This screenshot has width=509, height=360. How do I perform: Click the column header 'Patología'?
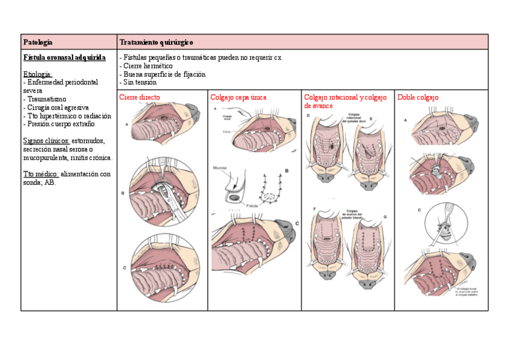(38, 42)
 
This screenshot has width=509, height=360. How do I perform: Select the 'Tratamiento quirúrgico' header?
(156, 42)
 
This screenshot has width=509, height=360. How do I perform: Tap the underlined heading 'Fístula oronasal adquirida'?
(64, 58)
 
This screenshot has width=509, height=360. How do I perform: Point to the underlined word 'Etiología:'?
(38, 74)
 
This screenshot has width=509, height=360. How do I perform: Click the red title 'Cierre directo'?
(140, 97)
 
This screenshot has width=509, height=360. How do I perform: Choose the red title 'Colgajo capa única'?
(238, 97)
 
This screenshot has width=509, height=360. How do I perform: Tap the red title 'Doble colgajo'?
(418, 97)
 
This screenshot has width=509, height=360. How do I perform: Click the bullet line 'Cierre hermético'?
(148, 66)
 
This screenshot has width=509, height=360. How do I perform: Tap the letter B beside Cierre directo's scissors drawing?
(123, 193)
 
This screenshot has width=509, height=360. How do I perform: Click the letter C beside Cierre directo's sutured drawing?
(123, 268)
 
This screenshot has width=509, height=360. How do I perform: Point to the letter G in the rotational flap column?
(385, 215)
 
